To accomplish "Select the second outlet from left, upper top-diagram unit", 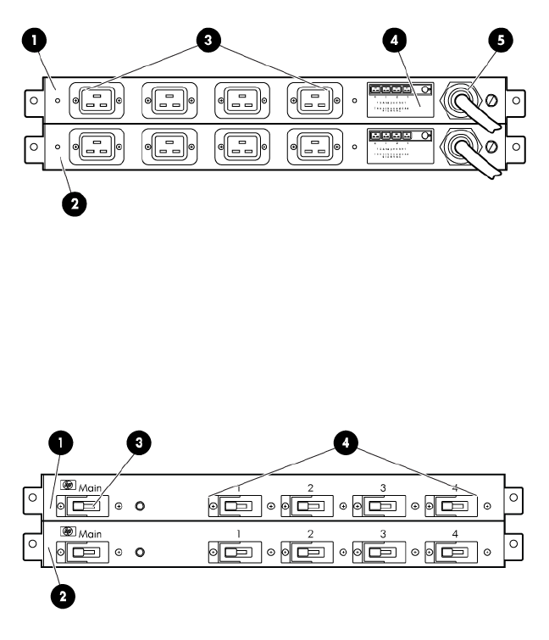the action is pyautogui.click(x=169, y=100).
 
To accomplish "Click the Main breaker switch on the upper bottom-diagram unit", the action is pyautogui.click(x=86, y=506).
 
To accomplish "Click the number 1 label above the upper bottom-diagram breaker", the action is pyautogui.click(x=239, y=489).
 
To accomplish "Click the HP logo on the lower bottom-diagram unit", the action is pyautogui.click(x=68, y=531).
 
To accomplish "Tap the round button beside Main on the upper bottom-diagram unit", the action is pyautogui.click(x=140, y=506).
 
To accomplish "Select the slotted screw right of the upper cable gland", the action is pyautogui.click(x=490, y=102).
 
